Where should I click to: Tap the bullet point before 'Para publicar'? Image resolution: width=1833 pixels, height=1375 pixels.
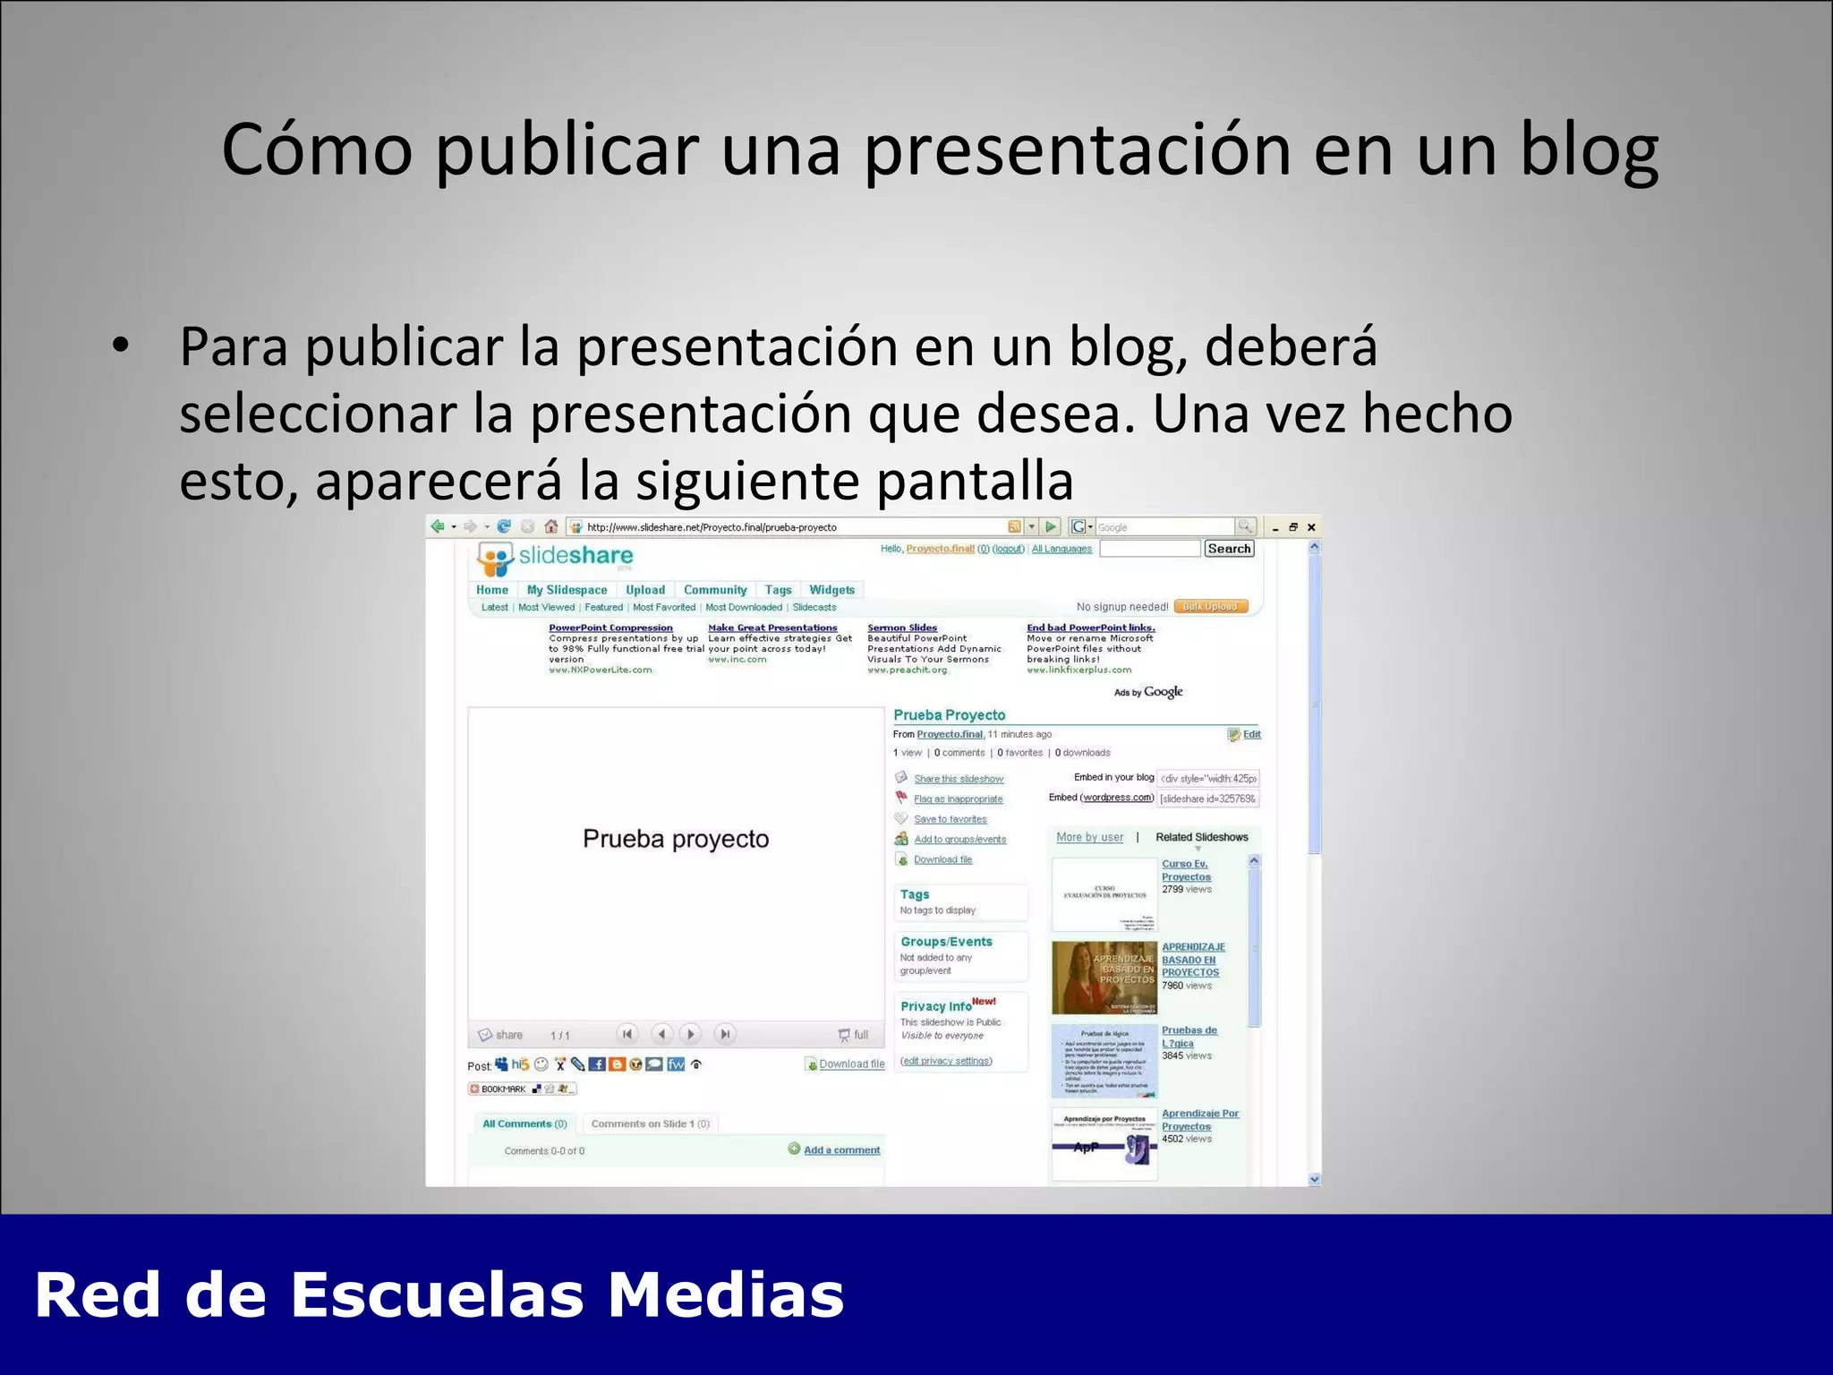pyautogui.click(x=120, y=346)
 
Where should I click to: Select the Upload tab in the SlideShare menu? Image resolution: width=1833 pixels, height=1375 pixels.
pyautogui.click(x=644, y=590)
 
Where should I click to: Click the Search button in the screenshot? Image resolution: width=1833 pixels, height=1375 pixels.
pyautogui.click(x=1228, y=549)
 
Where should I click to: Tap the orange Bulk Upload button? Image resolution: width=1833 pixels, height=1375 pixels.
pyautogui.click(x=1210, y=607)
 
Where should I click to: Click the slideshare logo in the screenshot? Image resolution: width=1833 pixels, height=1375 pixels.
pyautogui.click(x=555, y=558)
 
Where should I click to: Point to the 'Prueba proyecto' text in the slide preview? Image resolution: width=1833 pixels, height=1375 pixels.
pyautogui.click(x=676, y=839)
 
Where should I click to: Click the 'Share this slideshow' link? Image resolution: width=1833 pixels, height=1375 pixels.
pyautogui.click(x=959, y=779)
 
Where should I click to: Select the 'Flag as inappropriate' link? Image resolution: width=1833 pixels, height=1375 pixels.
pyautogui.click(x=958, y=799)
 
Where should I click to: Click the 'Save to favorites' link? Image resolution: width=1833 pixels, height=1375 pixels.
pyautogui.click(x=950, y=819)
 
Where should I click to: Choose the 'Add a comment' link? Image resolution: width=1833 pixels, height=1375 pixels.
pyautogui.click(x=841, y=1150)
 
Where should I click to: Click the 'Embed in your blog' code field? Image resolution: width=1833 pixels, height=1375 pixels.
pyautogui.click(x=1207, y=779)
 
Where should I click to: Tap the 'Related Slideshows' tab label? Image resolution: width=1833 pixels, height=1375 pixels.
pyautogui.click(x=1201, y=837)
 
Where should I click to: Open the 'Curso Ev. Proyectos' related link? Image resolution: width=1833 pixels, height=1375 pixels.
pyautogui.click(x=1186, y=870)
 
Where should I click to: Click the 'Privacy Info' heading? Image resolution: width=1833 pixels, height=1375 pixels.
pyautogui.click(x=935, y=1006)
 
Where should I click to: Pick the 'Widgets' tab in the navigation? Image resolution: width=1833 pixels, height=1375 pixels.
pyautogui.click(x=831, y=590)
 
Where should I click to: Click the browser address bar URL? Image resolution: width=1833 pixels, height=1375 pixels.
pyautogui.click(x=712, y=527)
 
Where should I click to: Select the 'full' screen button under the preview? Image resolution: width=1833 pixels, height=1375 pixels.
pyautogui.click(x=854, y=1035)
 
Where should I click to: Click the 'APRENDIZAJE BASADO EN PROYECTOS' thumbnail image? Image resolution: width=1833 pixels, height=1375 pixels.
pyautogui.click(x=1104, y=978)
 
